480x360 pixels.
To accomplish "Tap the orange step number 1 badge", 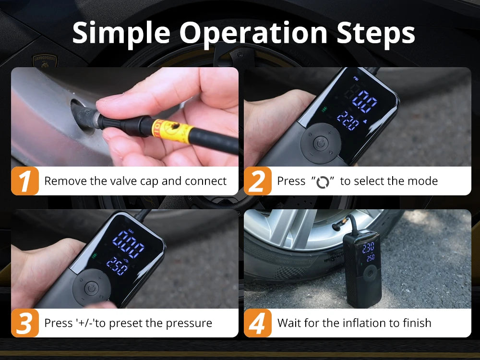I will tap(24, 181).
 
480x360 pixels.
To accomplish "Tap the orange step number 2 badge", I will tap(258, 181).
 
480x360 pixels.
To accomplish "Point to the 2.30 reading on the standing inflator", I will tap(368, 248).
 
